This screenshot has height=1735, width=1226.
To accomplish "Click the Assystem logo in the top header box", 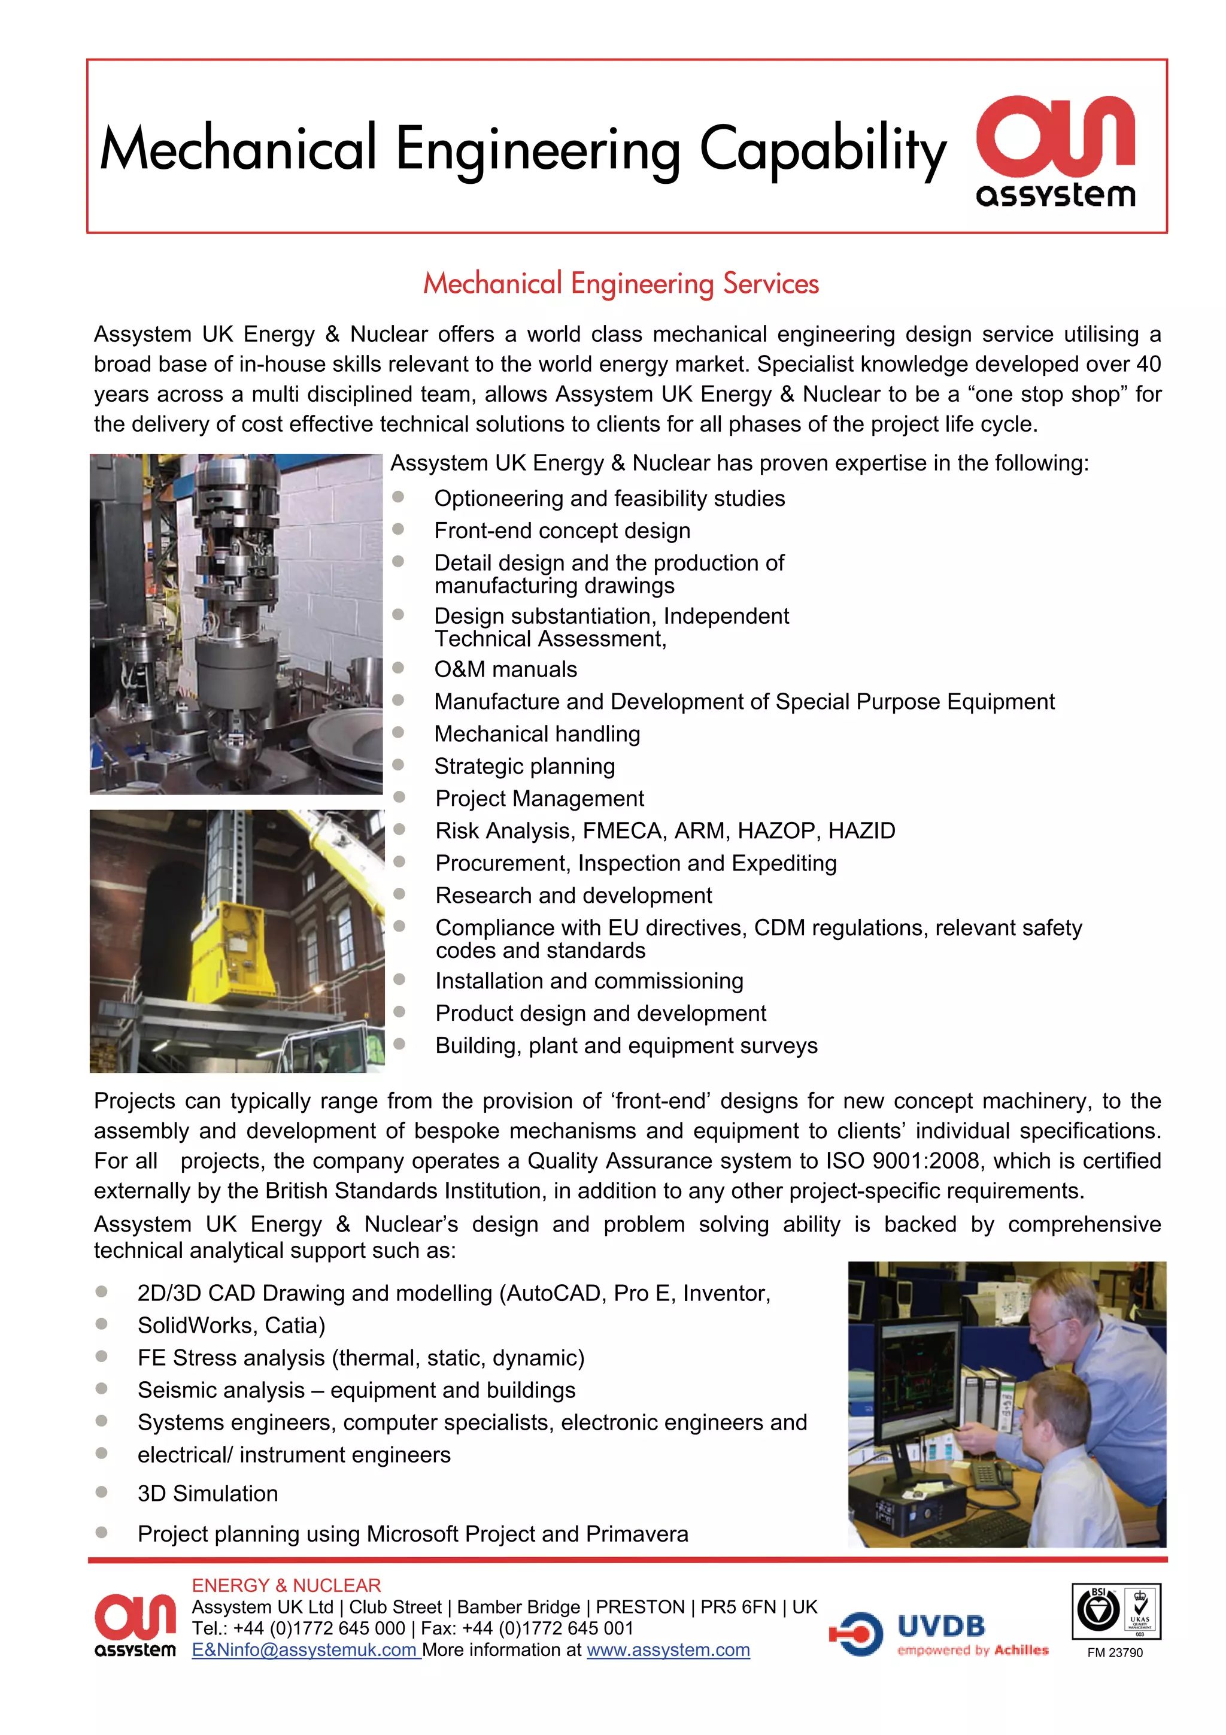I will click(1055, 150).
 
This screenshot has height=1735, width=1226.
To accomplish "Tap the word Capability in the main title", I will click(822, 150).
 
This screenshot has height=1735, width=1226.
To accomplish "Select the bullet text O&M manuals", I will click(505, 669).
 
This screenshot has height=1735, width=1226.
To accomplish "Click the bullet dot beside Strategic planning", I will click(398, 765).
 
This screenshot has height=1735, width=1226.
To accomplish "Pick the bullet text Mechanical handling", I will click(537, 734).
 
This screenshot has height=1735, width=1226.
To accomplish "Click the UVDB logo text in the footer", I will click(940, 1625).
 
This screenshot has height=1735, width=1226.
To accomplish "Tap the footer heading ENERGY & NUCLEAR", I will click(286, 1585).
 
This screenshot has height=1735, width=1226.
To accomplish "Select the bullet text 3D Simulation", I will click(208, 1493).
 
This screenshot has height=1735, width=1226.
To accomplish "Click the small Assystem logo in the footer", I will click(135, 1625).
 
